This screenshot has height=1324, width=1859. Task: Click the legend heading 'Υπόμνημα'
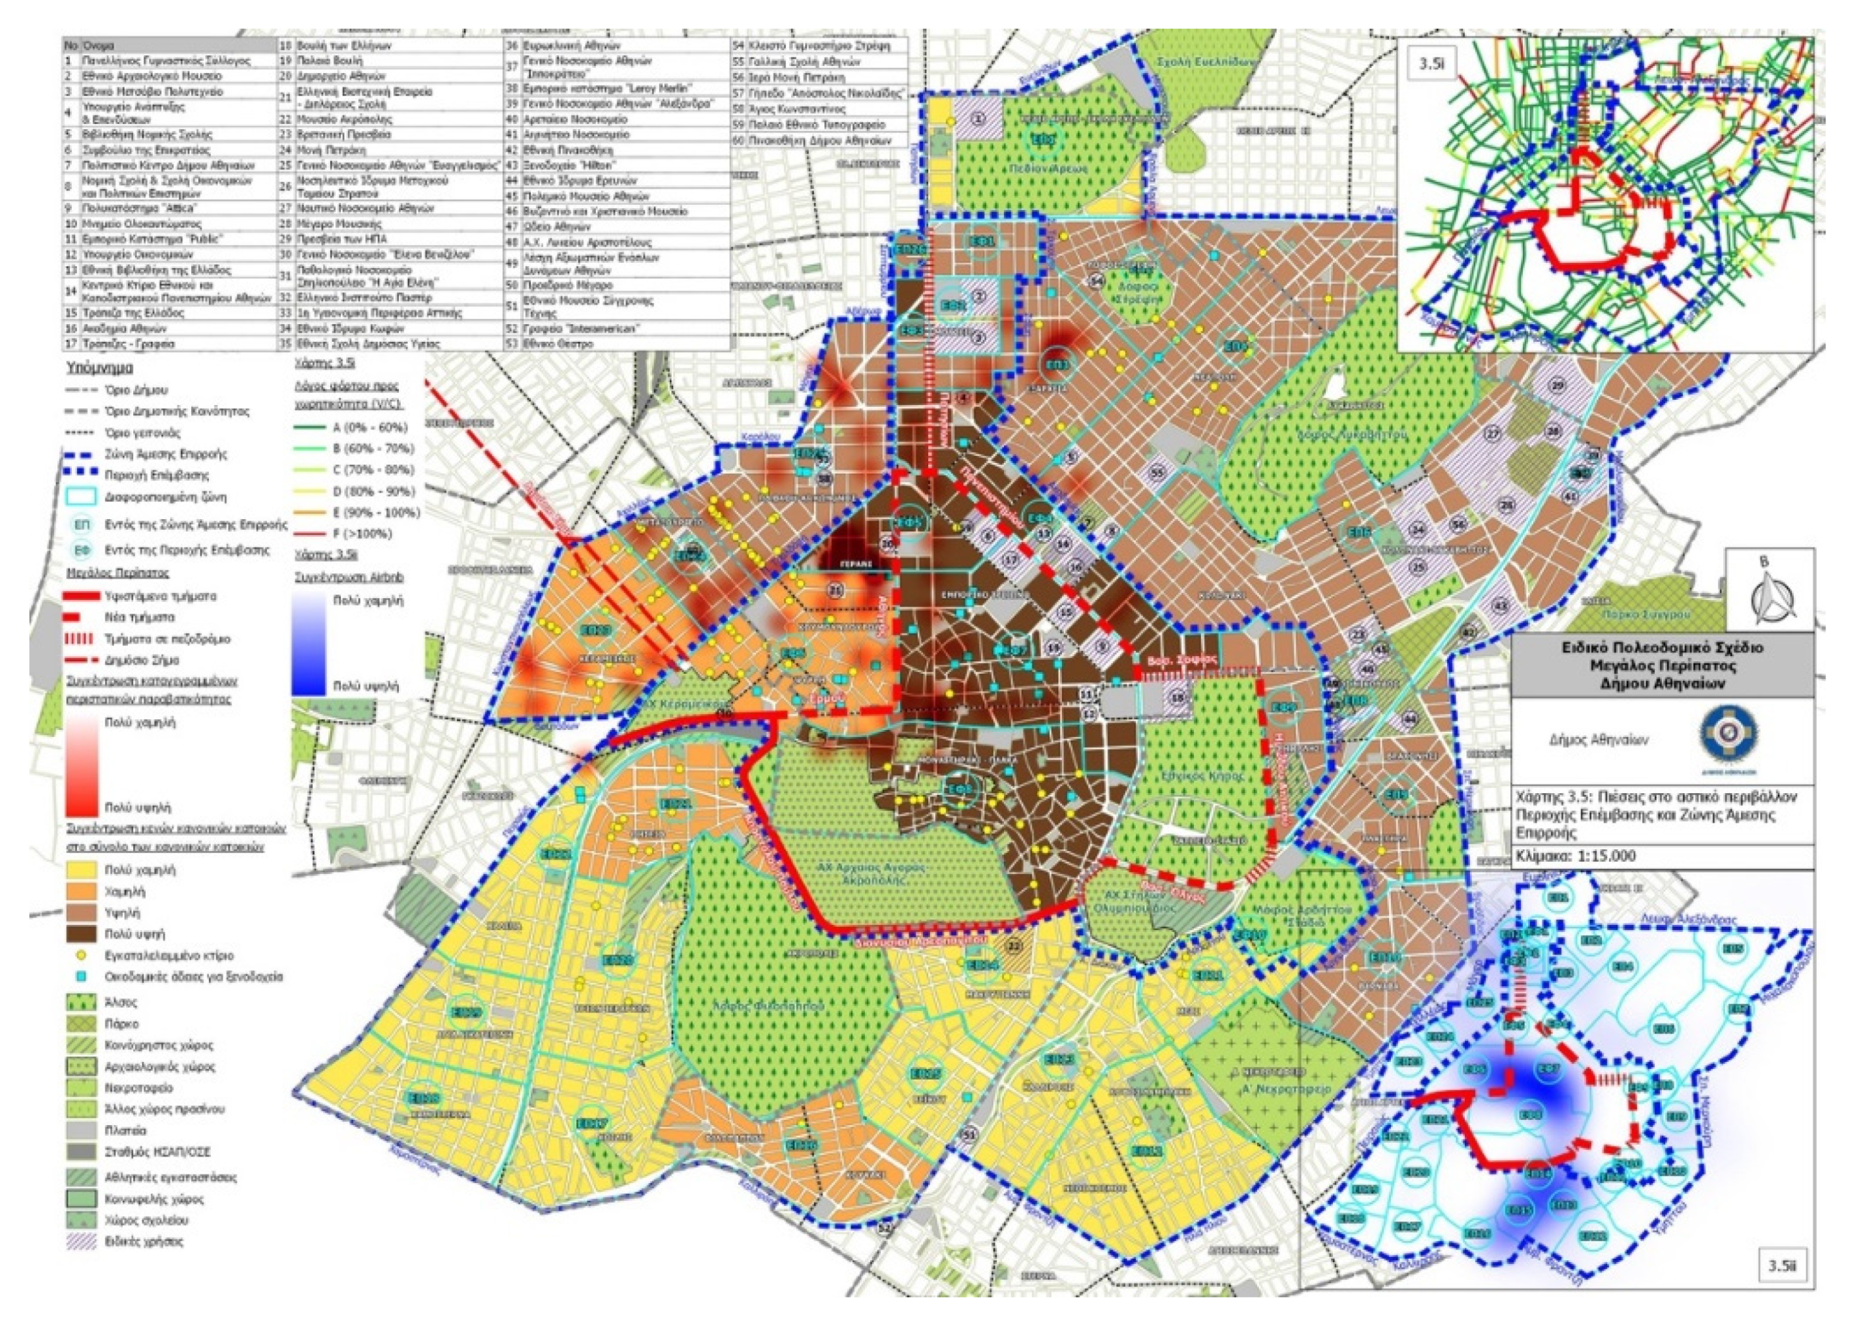(x=100, y=368)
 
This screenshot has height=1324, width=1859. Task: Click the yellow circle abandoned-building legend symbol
(x=81, y=954)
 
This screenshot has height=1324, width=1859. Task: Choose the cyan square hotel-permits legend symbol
(x=81, y=976)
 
